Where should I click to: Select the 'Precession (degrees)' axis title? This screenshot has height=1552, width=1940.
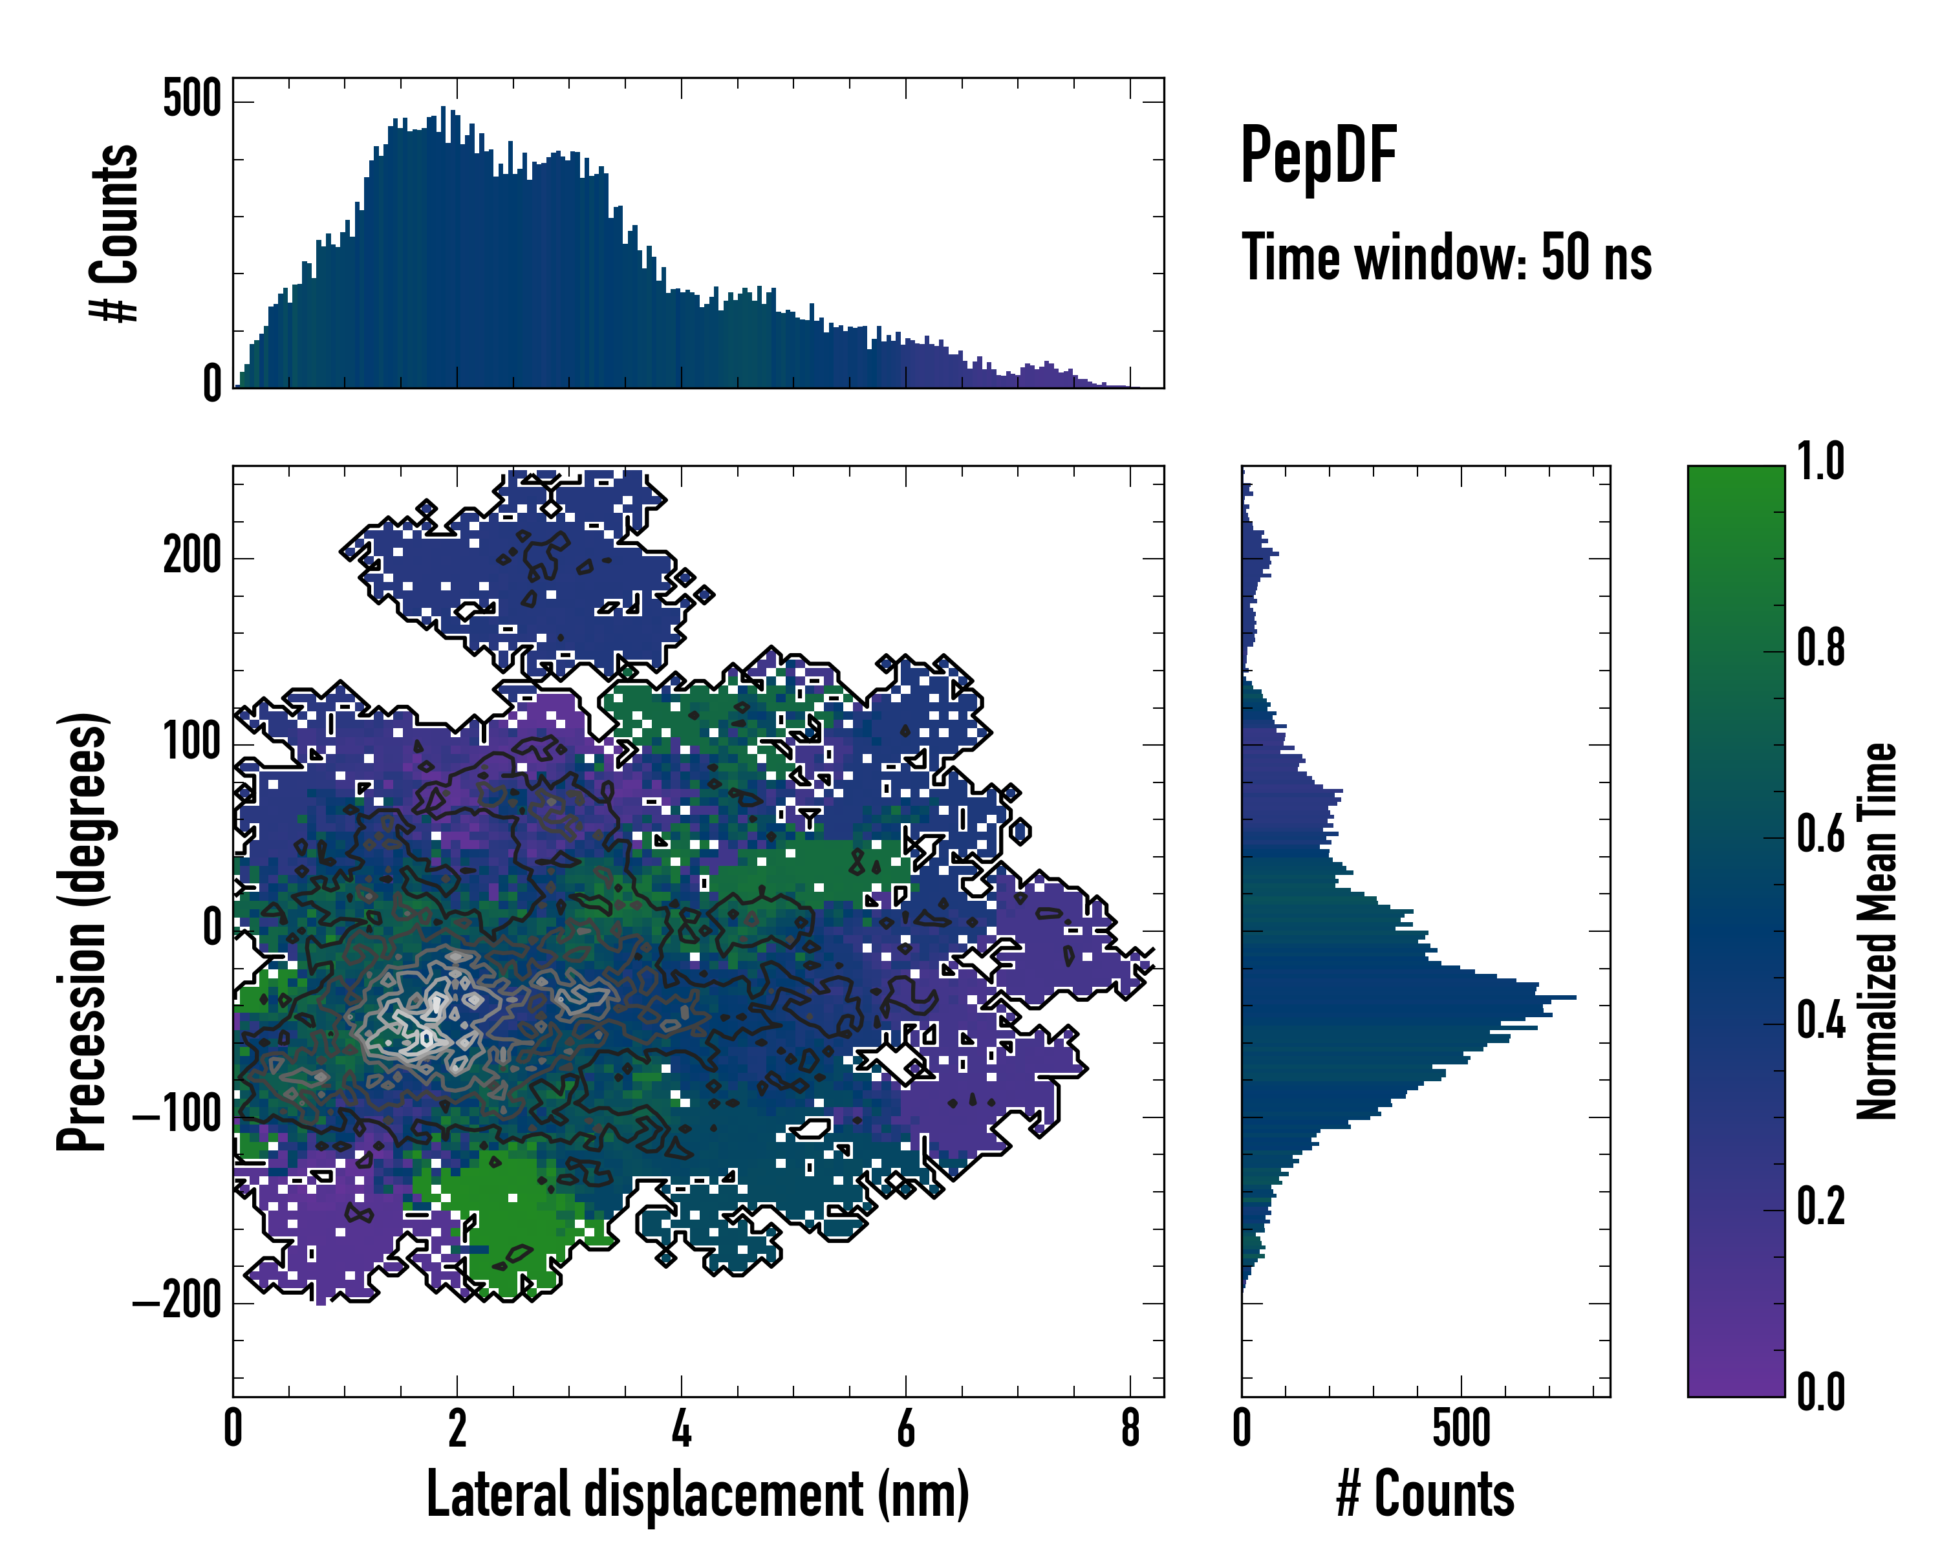click(x=82, y=931)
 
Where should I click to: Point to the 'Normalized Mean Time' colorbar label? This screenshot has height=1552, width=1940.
click(x=1877, y=931)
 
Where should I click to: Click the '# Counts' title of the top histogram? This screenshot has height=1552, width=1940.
click(x=114, y=232)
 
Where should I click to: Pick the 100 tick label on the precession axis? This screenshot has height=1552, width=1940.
click(x=191, y=742)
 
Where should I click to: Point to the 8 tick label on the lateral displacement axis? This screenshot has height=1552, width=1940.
click(x=1130, y=1428)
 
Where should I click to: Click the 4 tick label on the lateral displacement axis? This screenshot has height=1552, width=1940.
click(x=681, y=1428)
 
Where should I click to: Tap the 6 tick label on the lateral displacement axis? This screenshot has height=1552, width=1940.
click(x=905, y=1428)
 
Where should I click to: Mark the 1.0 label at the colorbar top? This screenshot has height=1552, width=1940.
click(x=1820, y=462)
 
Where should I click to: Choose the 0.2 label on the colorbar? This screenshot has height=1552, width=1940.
click(x=1820, y=1207)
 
